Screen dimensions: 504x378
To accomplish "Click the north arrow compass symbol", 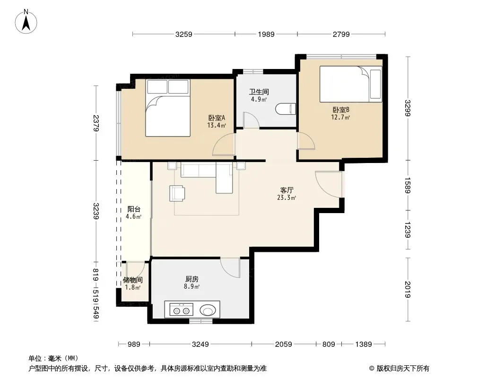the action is (26, 22).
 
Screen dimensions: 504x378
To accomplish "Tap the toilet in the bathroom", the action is (286, 109).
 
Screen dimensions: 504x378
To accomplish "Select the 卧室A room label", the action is (217, 118).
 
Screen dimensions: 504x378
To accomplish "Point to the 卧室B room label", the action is (341, 110).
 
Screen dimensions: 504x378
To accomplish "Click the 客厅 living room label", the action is (287, 190).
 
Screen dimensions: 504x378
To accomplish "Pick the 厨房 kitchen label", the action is (192, 279).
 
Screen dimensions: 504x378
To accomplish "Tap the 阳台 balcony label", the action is (134, 209).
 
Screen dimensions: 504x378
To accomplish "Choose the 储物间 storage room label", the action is (133, 280).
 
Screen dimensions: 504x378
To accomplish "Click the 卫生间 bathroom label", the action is (259, 92).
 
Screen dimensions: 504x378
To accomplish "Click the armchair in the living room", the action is (177, 193).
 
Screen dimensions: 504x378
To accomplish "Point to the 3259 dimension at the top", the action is (184, 34).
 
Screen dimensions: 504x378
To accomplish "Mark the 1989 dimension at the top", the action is (266, 34).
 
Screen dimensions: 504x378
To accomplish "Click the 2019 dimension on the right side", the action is (408, 289).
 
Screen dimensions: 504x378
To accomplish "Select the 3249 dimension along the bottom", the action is (200, 344).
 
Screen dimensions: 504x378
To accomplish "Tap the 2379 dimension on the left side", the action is (96, 123).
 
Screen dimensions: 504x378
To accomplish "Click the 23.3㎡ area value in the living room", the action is (287, 198).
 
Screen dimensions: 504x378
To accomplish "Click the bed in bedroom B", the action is (351, 84).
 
